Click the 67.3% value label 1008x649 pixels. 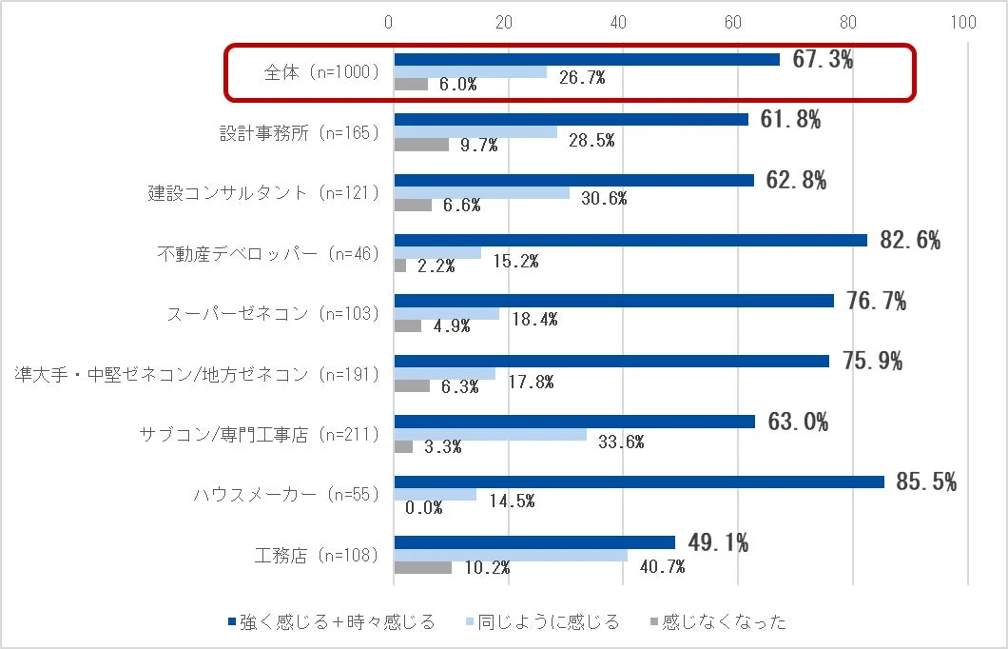(x=823, y=59)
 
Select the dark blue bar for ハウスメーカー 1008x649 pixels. (x=638, y=482)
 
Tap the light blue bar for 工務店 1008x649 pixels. (x=511, y=555)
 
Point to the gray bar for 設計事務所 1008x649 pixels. (x=421, y=145)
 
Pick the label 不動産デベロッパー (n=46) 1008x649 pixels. (x=268, y=253)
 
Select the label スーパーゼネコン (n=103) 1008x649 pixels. (x=273, y=313)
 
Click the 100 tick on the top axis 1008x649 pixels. (x=963, y=23)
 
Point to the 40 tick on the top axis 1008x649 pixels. (x=619, y=23)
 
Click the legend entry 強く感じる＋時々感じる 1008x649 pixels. (x=331, y=622)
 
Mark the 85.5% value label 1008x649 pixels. (x=925, y=482)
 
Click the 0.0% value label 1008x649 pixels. (x=424, y=507)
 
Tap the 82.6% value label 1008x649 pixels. (x=910, y=241)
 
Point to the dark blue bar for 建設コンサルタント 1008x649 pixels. (x=573, y=180)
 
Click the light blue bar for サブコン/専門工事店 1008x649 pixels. (x=490, y=434)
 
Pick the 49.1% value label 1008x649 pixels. (x=717, y=543)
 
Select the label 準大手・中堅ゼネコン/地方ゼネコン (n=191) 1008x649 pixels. (x=197, y=374)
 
